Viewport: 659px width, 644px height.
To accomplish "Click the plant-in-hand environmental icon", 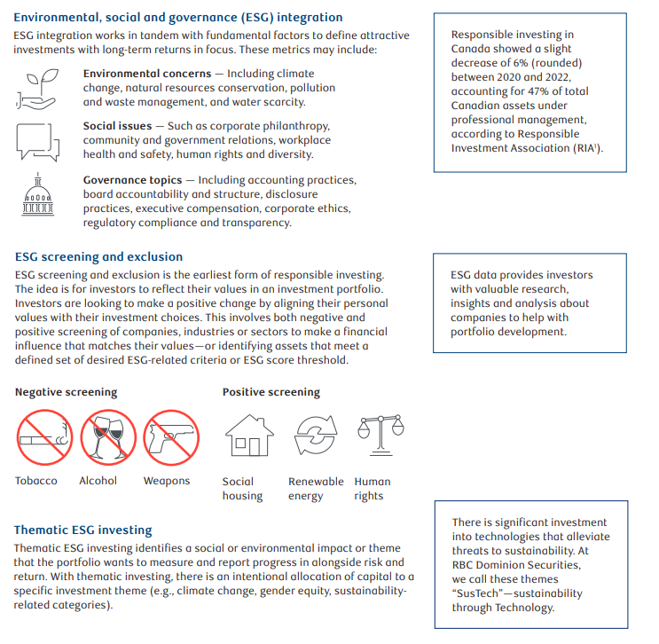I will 36,88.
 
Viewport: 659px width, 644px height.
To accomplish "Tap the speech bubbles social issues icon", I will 36,140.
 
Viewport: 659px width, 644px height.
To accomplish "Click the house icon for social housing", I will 248,436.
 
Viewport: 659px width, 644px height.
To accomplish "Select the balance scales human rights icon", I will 374,434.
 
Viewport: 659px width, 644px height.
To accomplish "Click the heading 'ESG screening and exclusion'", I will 99,257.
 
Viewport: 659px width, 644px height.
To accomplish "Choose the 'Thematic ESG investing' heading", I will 83,530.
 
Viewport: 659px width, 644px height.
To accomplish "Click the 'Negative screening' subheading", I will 66,392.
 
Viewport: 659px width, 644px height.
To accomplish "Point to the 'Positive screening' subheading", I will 271,392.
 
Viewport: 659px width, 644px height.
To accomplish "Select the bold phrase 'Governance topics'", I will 132,180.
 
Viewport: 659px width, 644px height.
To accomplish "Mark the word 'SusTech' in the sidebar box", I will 476,593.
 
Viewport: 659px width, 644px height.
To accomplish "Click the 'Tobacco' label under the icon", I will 36,481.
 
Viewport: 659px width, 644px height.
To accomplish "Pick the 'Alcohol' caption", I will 98,481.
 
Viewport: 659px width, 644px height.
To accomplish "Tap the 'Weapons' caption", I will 167,481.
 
